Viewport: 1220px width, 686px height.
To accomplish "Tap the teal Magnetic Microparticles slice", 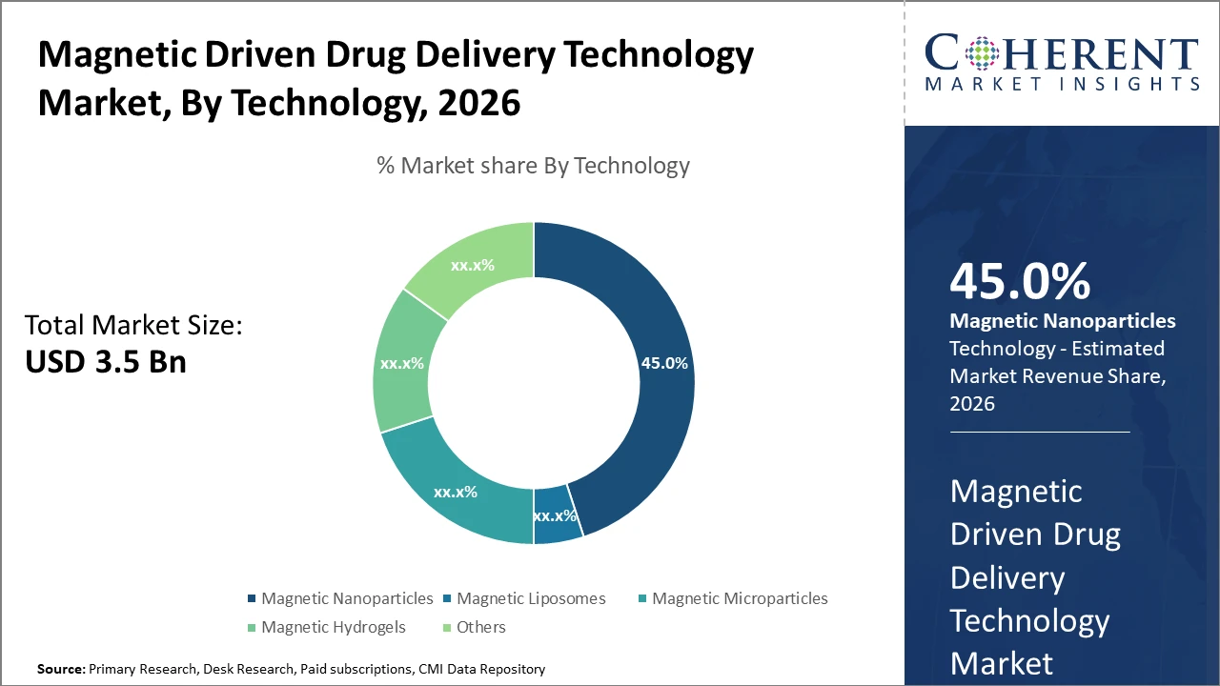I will pos(456,492).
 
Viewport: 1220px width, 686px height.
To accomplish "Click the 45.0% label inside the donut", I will pos(663,363).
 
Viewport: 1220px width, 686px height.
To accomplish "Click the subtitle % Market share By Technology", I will pos(533,165).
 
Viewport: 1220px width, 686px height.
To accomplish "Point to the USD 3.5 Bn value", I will pos(105,361).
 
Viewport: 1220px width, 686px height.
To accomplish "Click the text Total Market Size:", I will pos(133,325).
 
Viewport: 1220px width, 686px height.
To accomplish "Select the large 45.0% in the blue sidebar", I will pos(1020,283).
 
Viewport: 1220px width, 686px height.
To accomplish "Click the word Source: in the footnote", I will pos(61,669).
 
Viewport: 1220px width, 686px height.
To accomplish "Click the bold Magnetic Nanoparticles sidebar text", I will pos(1062,321).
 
